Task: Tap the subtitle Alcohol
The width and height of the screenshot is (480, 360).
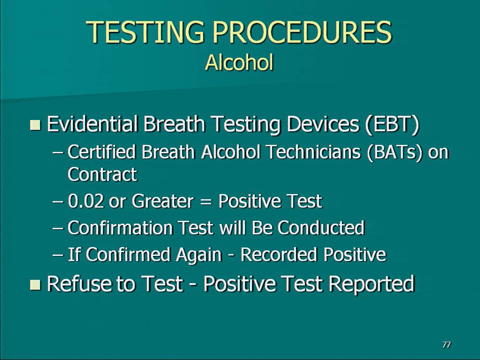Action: pyautogui.click(x=239, y=62)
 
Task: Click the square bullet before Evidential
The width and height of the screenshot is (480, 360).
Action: pyautogui.click(x=36, y=125)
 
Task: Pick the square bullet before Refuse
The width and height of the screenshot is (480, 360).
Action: pyautogui.click(x=36, y=285)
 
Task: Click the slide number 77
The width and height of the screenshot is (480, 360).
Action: pyautogui.click(x=446, y=345)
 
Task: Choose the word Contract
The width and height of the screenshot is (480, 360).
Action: pyautogui.click(x=102, y=174)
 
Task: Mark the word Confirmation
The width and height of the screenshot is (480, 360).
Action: pyautogui.click(x=121, y=228)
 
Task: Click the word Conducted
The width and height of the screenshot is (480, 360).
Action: pyautogui.click(x=321, y=228)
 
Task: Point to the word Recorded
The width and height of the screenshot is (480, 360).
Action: pyautogui.click(x=278, y=255)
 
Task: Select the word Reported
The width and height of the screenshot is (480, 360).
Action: pyautogui.click(x=371, y=284)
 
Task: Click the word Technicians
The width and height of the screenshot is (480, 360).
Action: pyautogui.click(x=314, y=152)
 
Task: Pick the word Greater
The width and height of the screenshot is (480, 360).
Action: pyautogui.click(x=163, y=201)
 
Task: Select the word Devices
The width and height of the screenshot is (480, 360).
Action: pyautogui.click(x=323, y=124)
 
